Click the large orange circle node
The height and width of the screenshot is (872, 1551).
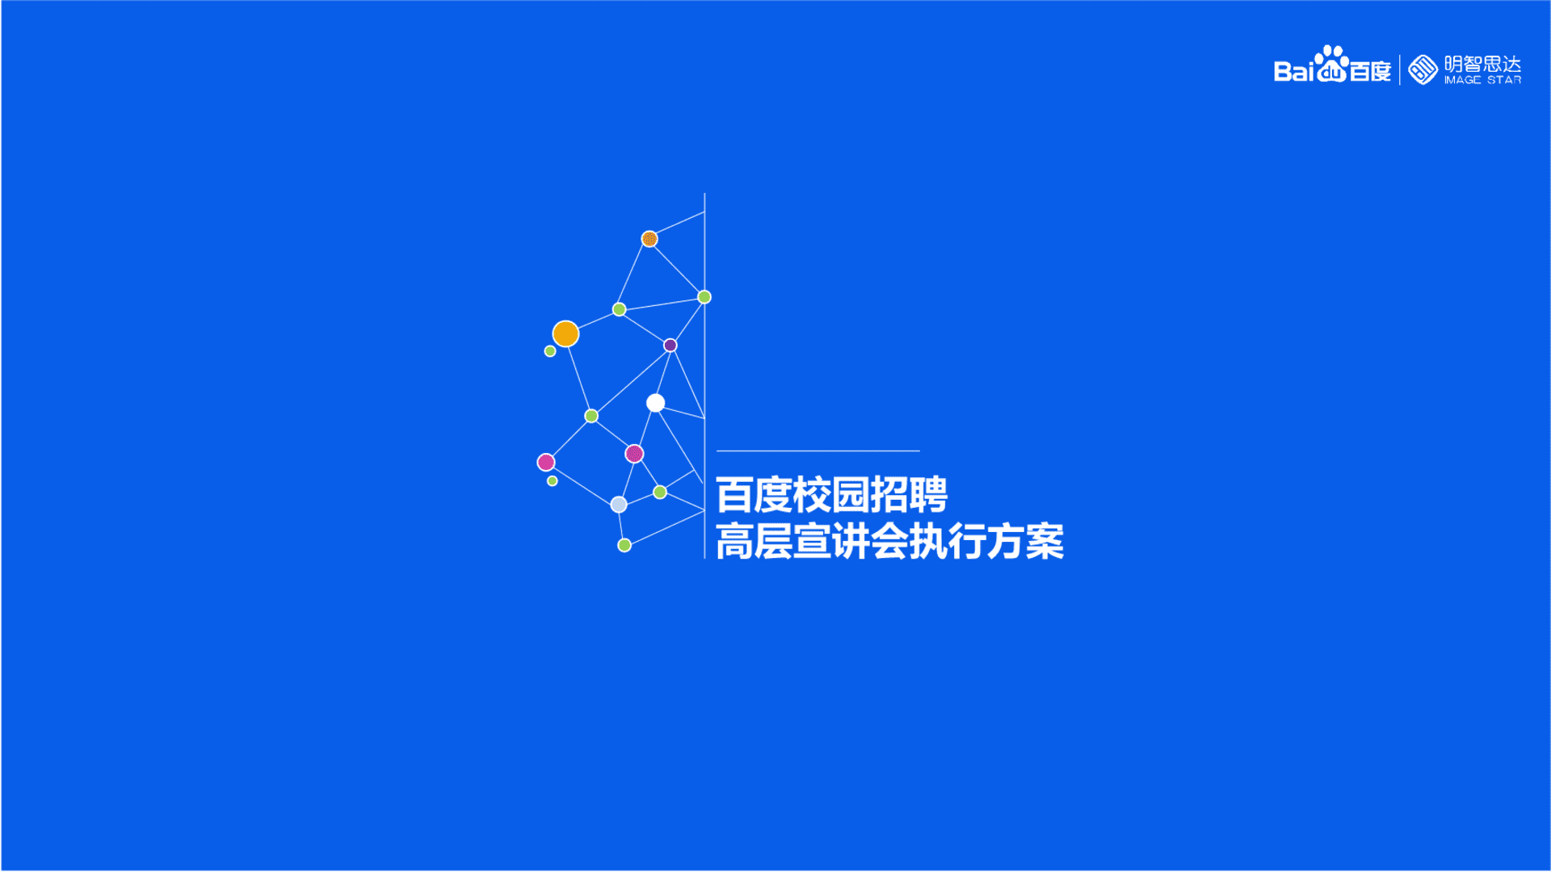click(565, 333)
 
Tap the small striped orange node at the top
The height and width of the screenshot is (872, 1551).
click(649, 239)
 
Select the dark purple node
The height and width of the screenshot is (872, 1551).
click(670, 346)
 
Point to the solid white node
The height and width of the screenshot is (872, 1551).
click(655, 403)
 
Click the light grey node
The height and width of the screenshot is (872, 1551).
click(619, 505)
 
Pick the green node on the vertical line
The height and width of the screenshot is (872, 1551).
click(704, 297)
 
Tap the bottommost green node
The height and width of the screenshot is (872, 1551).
click(624, 546)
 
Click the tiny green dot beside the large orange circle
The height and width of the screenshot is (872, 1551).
click(550, 351)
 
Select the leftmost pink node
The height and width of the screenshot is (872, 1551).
click(546, 462)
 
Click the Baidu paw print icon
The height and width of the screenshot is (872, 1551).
click(1331, 64)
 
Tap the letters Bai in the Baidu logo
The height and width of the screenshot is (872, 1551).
click(1294, 72)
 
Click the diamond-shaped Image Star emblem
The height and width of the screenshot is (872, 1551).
click(1423, 69)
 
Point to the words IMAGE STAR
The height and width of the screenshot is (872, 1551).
click(1482, 80)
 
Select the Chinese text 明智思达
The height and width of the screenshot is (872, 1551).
click(1482, 64)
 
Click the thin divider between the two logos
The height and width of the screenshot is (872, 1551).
click(1400, 69)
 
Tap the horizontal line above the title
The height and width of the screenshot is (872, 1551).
click(818, 451)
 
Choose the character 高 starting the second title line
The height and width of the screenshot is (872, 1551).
click(734, 542)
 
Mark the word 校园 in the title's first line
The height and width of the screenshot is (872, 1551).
click(831, 495)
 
